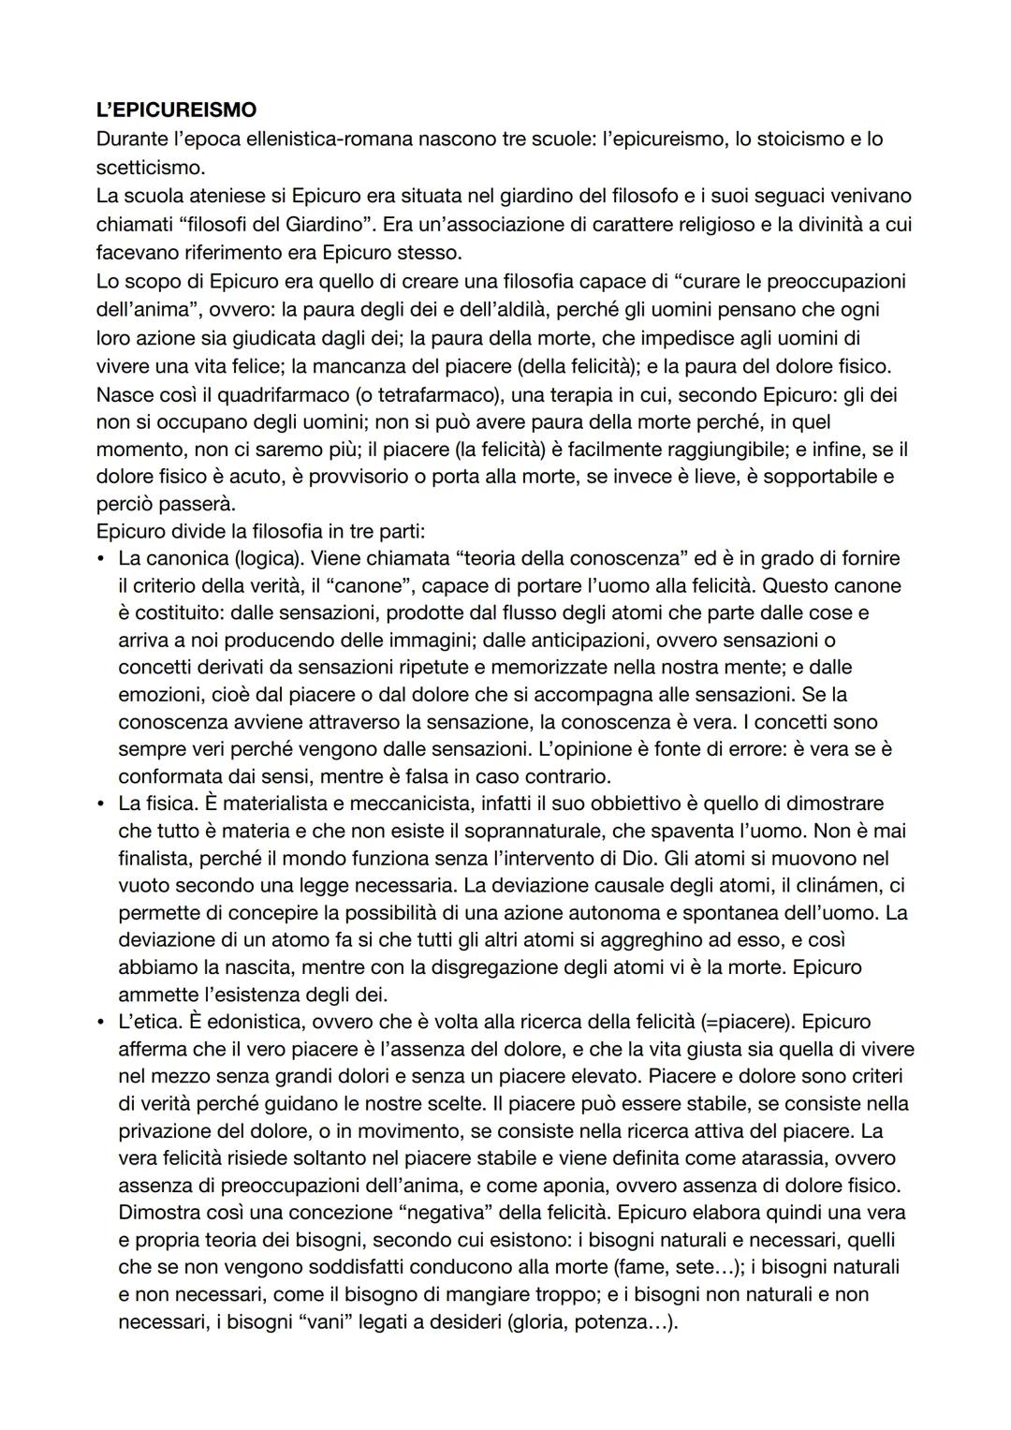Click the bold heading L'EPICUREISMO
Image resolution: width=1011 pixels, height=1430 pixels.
click(x=176, y=110)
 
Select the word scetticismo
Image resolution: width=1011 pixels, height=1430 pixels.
click(x=149, y=168)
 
